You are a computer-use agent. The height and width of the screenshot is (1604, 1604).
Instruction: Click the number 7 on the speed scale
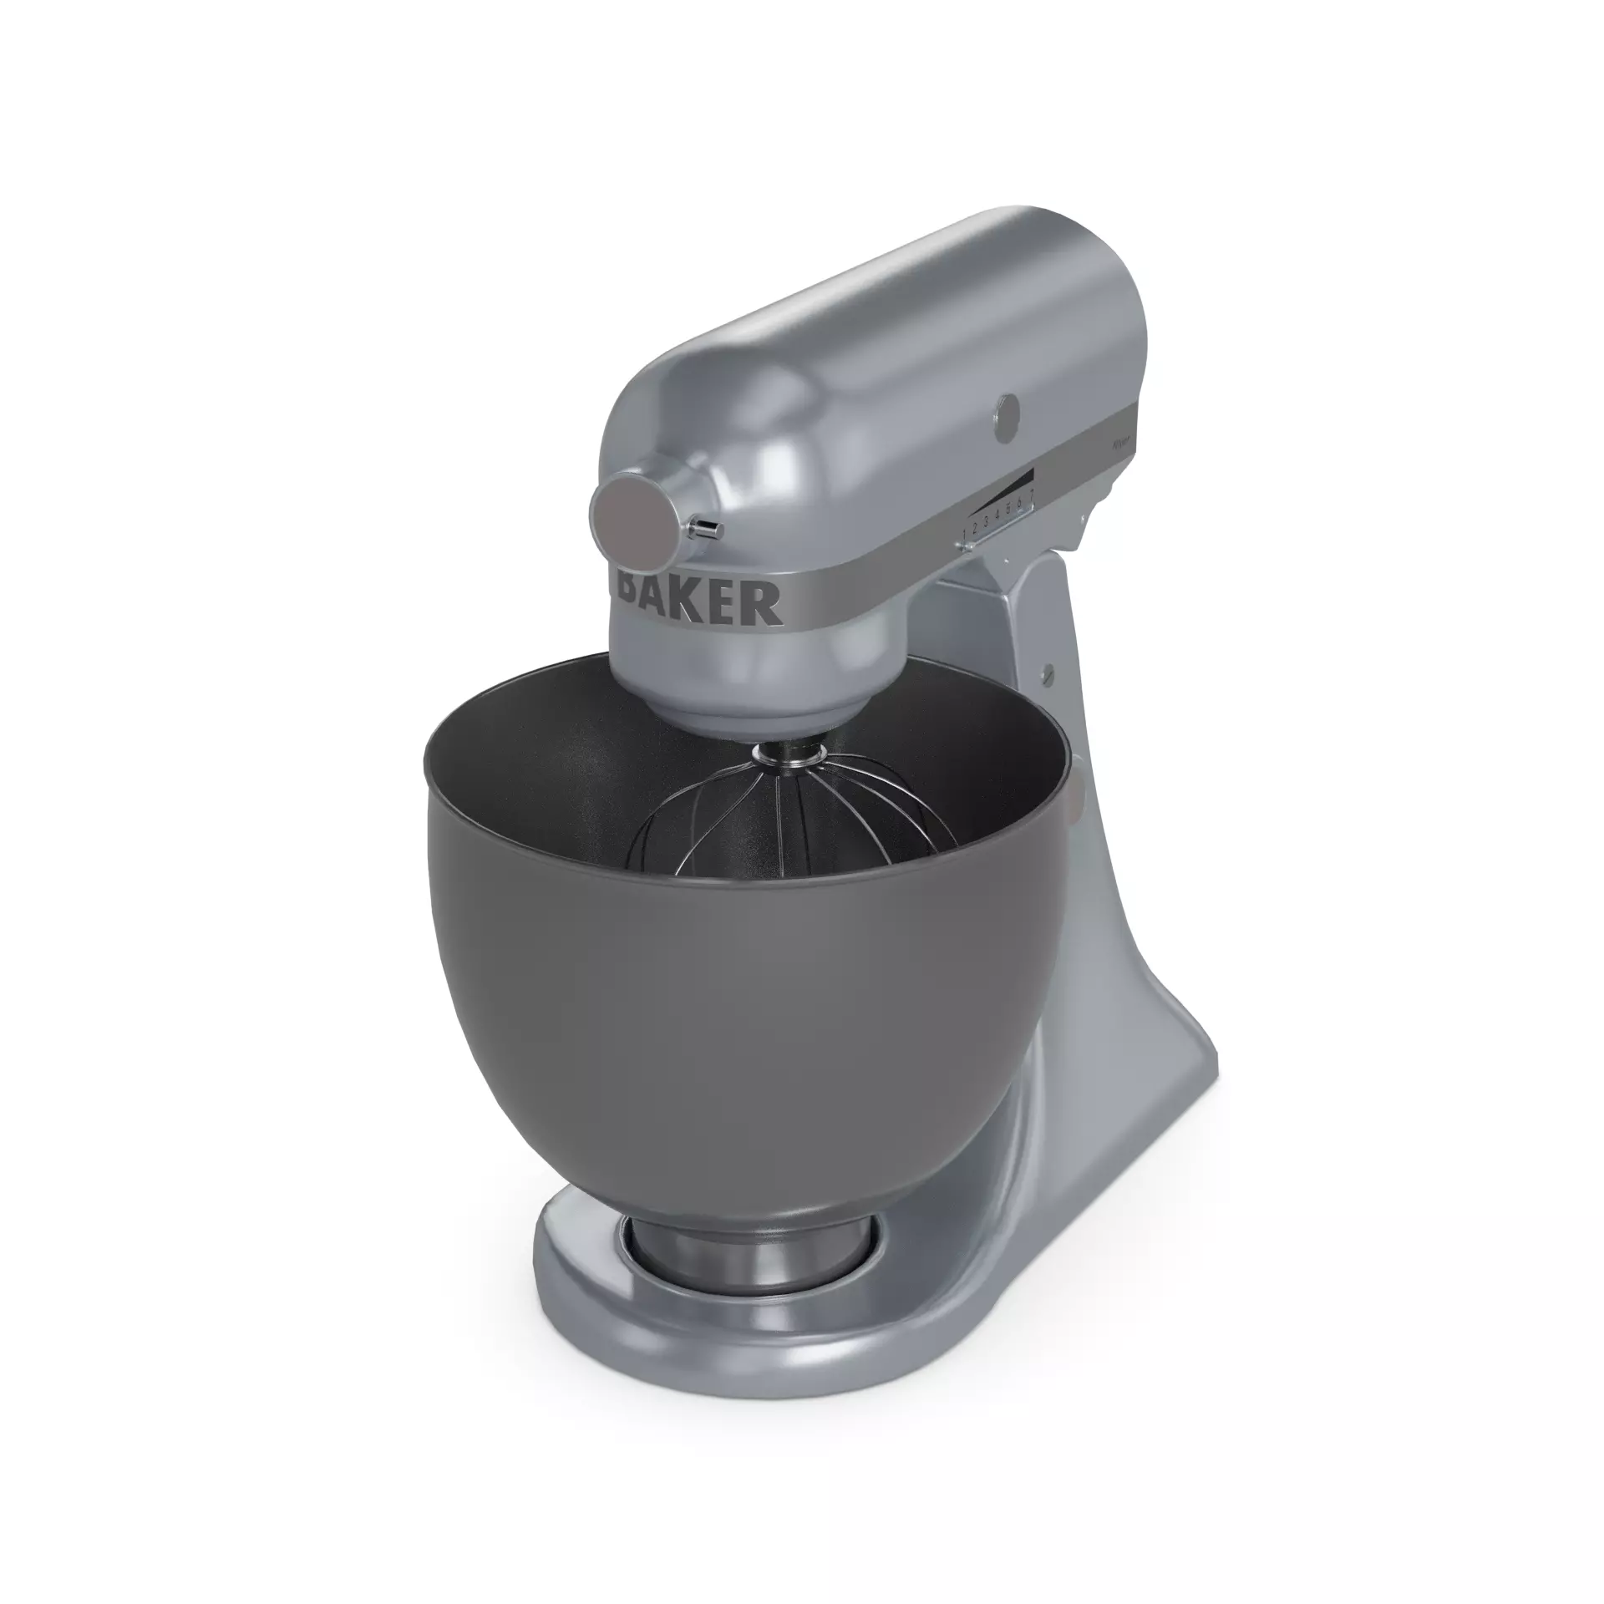click(1032, 495)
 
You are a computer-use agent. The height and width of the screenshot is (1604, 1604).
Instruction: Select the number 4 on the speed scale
click(997, 515)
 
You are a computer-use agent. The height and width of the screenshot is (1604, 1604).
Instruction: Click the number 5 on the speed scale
click(1008, 508)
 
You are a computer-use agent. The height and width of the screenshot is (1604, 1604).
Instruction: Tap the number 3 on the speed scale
click(986, 521)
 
